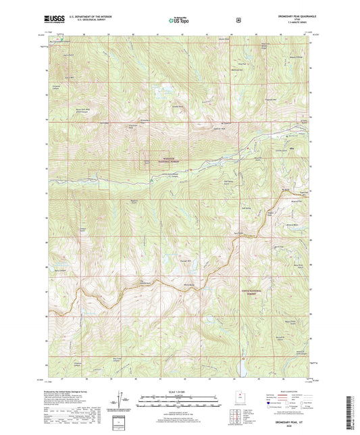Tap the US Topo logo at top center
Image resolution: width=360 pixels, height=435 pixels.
(180, 20)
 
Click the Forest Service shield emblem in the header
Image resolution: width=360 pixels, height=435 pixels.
(238, 20)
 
